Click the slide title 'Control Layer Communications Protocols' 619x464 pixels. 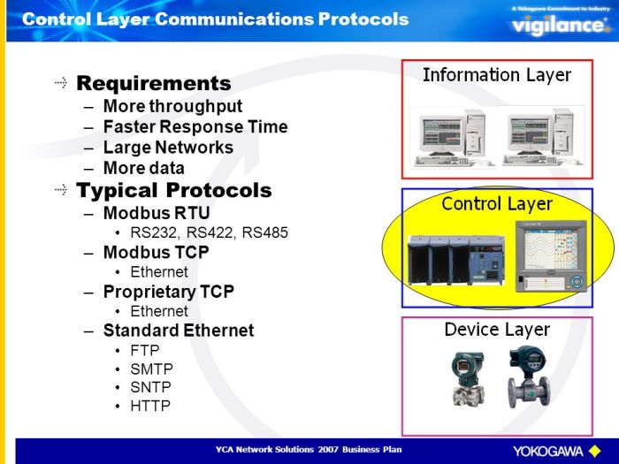pos(215,19)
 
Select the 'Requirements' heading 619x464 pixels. pos(153,83)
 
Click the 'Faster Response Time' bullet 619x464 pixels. pos(195,127)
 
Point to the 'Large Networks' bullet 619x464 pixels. pos(168,148)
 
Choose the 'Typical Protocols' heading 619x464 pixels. pos(173,190)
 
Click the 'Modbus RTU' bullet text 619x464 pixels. pos(157,213)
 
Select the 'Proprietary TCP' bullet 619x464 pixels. pos(180,292)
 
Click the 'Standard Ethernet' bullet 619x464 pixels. pos(178,331)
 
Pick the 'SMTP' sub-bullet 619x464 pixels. pos(150,369)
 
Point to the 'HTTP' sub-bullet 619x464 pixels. pos(149,406)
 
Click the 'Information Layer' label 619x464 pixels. pos(497,75)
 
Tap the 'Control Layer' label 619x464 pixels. pos(497,204)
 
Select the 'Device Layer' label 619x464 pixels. pos(497,330)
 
